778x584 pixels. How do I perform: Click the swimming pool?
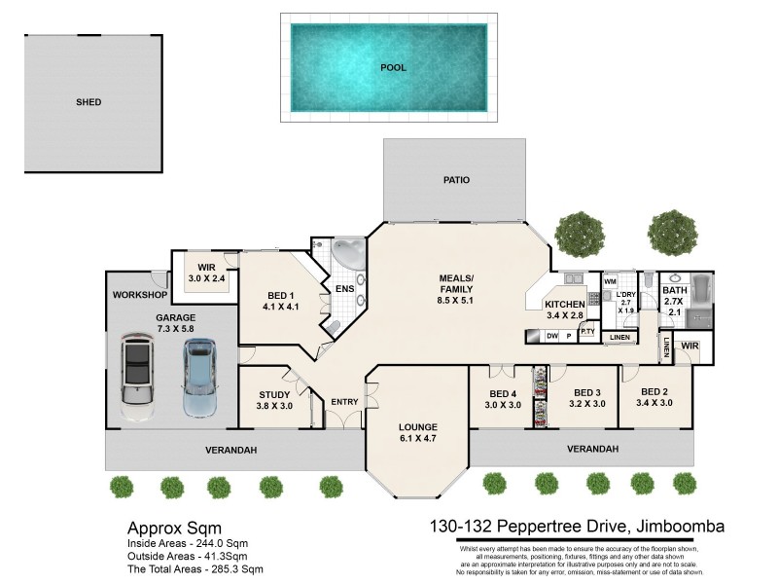(x=389, y=67)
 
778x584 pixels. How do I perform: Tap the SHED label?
(x=88, y=102)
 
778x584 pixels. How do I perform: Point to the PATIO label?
(x=456, y=180)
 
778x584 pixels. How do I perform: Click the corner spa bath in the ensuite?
(x=347, y=255)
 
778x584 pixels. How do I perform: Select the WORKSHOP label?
(x=139, y=294)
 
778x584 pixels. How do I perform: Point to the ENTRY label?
(x=344, y=402)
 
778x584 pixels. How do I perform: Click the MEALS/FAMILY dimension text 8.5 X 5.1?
(x=455, y=301)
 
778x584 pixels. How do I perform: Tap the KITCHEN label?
(x=564, y=305)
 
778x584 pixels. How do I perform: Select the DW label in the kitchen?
(x=551, y=336)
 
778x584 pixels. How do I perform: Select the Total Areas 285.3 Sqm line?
(x=195, y=568)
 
